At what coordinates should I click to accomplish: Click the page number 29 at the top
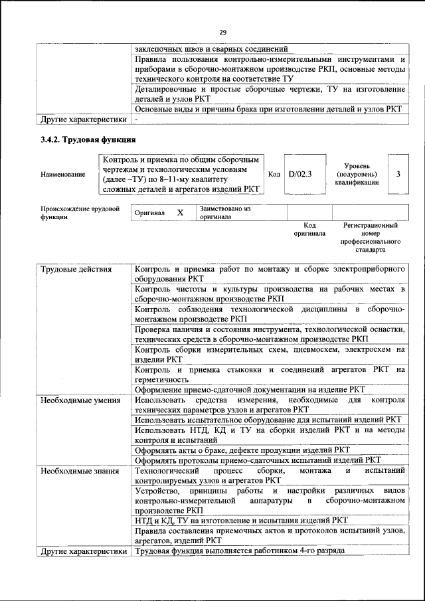(x=222, y=32)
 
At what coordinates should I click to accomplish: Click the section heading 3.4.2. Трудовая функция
(x=88, y=140)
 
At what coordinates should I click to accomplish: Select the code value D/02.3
(x=301, y=174)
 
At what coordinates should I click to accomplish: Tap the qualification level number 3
(x=398, y=174)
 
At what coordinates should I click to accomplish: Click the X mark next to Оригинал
(x=179, y=213)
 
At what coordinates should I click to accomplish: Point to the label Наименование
(x=63, y=175)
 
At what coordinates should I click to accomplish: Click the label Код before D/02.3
(x=274, y=174)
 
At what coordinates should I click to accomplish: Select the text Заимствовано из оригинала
(x=224, y=213)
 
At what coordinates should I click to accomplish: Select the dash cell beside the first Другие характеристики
(x=136, y=120)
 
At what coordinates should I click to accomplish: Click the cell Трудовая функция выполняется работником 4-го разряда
(x=239, y=552)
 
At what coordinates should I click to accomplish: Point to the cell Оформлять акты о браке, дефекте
(x=242, y=449)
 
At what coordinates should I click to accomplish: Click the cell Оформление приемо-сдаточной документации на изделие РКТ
(x=250, y=390)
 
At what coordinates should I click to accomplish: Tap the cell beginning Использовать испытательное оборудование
(x=268, y=420)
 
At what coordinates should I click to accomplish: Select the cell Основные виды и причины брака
(x=268, y=108)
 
